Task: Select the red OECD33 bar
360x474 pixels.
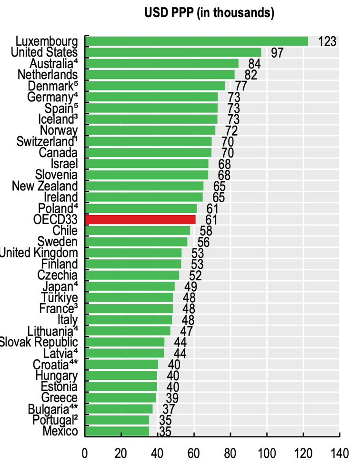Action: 140,219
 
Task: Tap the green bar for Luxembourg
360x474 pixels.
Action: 197,41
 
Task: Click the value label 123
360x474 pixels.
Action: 327,41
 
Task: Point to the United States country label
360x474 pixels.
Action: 44,52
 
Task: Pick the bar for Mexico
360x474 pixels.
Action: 117,431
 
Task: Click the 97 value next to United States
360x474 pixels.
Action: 277,52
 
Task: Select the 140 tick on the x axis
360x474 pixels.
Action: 339,452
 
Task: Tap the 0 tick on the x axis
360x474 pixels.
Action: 85,452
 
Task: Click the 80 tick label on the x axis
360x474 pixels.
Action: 230,452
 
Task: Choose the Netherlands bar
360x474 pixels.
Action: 160,74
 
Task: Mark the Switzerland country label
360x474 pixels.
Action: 47,141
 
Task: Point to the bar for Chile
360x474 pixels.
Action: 138,231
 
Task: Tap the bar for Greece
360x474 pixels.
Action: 121,397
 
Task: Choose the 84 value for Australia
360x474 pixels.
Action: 254,64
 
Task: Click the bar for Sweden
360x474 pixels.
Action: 136,242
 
